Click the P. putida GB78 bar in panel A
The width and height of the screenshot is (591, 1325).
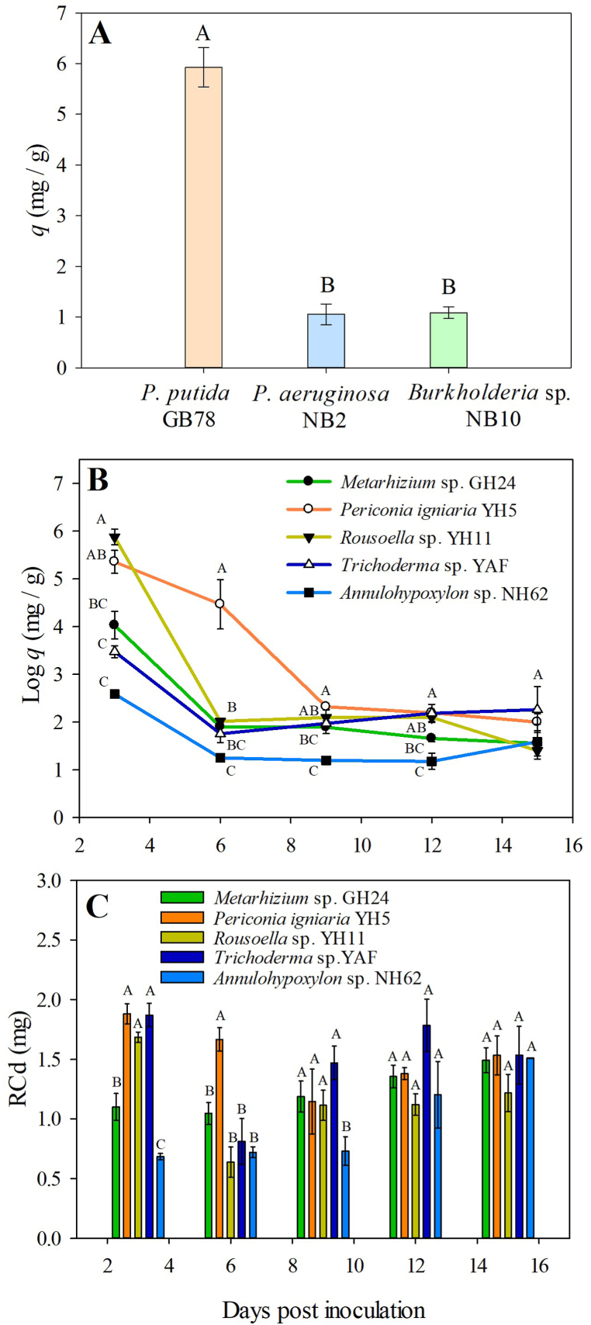pos(203,217)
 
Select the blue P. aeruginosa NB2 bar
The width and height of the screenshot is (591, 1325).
pos(326,341)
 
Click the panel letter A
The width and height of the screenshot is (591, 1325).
pos(100,35)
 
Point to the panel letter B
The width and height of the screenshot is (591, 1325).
pos(98,481)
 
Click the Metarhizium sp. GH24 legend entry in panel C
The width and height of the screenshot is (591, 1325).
pos(301,898)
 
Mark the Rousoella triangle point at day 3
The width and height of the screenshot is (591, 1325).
pos(115,538)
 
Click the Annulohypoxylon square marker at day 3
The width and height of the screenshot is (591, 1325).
pos(115,694)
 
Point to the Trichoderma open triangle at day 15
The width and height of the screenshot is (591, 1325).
pos(537,709)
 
